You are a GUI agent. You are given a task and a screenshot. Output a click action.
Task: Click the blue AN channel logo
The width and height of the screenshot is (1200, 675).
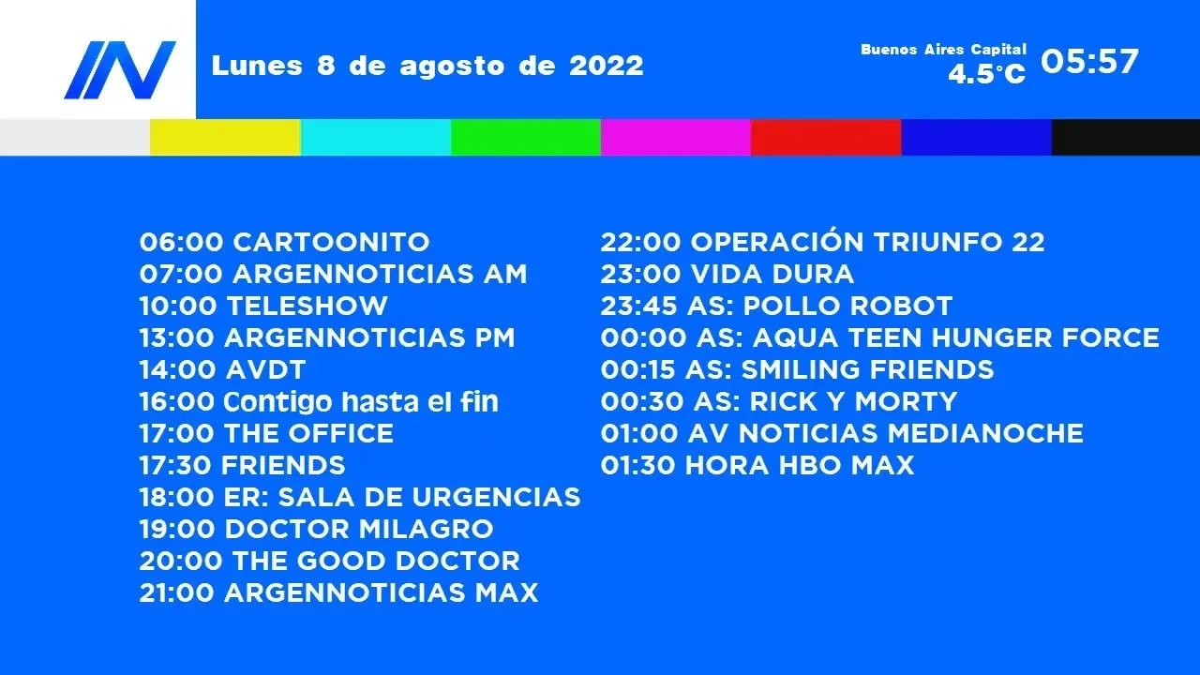coord(120,70)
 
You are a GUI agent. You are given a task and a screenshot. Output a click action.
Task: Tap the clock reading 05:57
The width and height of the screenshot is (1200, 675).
coord(1089,61)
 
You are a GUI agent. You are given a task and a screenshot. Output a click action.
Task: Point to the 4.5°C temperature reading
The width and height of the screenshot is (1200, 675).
coord(987,74)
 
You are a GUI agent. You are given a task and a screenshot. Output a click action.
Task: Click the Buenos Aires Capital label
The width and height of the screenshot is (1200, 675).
coord(943,50)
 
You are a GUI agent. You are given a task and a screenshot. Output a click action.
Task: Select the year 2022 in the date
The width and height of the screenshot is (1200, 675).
coord(607,66)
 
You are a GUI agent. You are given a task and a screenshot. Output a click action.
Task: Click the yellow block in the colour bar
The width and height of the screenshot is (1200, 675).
coord(225,137)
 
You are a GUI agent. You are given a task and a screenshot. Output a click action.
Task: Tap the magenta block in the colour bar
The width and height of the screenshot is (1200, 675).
coord(676,137)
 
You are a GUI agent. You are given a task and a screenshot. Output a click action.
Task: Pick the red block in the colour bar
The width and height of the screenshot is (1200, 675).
coord(826,137)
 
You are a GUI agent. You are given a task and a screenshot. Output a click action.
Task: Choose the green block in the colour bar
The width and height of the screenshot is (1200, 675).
coord(526,137)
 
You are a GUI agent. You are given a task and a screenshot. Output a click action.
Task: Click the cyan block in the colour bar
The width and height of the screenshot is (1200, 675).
coord(376,137)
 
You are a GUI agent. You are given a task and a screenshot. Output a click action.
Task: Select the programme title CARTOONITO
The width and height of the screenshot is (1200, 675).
coord(331,242)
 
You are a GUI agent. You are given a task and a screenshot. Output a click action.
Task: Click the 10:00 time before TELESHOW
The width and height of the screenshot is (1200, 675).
coord(178,306)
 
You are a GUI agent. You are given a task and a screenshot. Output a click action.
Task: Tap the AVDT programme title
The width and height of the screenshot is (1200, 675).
coord(265,369)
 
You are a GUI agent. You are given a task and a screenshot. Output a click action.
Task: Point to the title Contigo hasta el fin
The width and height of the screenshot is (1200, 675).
coord(361,402)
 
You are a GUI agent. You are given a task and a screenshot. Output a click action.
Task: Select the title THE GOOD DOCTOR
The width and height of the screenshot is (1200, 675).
coord(376,561)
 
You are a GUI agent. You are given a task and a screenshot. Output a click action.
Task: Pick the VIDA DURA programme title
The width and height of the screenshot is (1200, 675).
coord(772,275)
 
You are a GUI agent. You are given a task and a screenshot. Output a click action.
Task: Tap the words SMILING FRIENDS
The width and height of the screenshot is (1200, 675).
coord(867,369)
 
